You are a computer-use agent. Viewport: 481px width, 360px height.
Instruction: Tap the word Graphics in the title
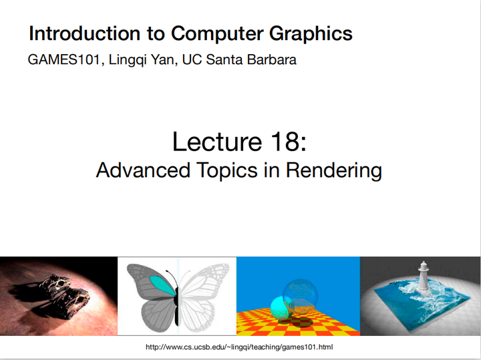click(x=314, y=33)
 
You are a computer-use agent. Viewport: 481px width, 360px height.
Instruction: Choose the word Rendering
click(x=334, y=170)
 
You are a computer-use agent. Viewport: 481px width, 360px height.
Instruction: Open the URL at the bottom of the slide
click(x=239, y=348)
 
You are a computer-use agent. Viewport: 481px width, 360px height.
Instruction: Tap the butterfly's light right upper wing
click(x=204, y=281)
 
